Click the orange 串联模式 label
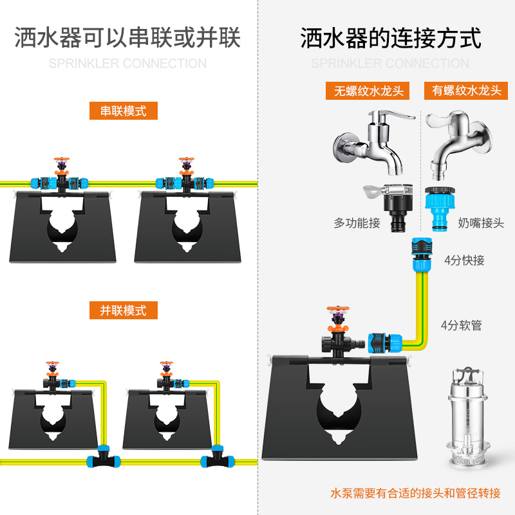click(123, 111)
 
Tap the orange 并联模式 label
click(123, 310)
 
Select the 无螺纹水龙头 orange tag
click(368, 90)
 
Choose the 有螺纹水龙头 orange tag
click(464, 90)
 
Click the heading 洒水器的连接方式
click(391, 38)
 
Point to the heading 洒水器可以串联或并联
click(127, 38)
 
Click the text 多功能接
click(357, 223)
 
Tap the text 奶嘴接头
click(481, 223)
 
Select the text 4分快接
click(464, 261)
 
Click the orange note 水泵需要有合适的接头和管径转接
click(415, 494)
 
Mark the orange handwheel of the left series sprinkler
click(62, 158)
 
